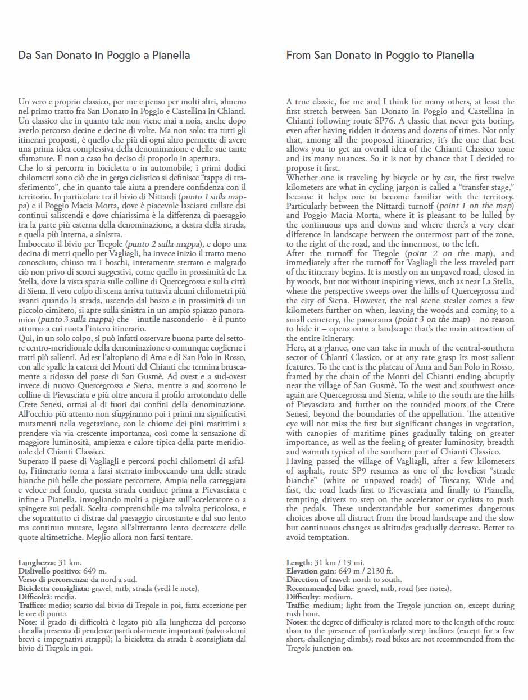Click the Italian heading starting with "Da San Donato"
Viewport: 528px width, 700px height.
[104, 56]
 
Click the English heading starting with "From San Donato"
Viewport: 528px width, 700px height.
[380, 56]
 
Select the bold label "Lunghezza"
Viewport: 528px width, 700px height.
[36, 562]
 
